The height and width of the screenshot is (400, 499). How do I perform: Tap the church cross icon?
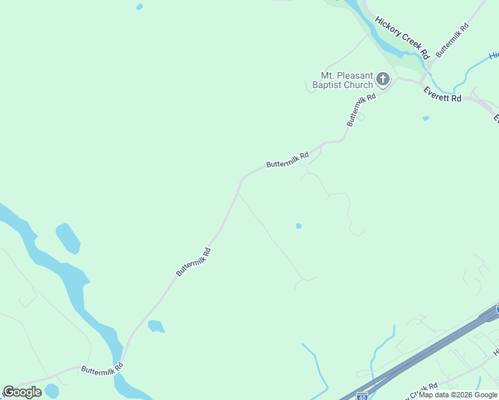click(383, 80)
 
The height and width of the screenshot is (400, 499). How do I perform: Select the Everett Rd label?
click(442, 96)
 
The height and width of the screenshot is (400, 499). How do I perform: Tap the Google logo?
click(22, 391)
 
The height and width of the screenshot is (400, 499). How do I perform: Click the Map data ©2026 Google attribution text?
click(458, 395)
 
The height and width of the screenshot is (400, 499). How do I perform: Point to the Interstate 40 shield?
click(362, 395)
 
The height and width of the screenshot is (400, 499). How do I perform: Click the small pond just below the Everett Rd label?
click(426, 119)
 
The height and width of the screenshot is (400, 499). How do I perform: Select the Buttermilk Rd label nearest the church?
click(361, 109)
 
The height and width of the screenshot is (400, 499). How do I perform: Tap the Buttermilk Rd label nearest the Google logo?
click(102, 368)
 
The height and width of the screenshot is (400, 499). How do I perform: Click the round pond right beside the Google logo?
click(52, 390)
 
